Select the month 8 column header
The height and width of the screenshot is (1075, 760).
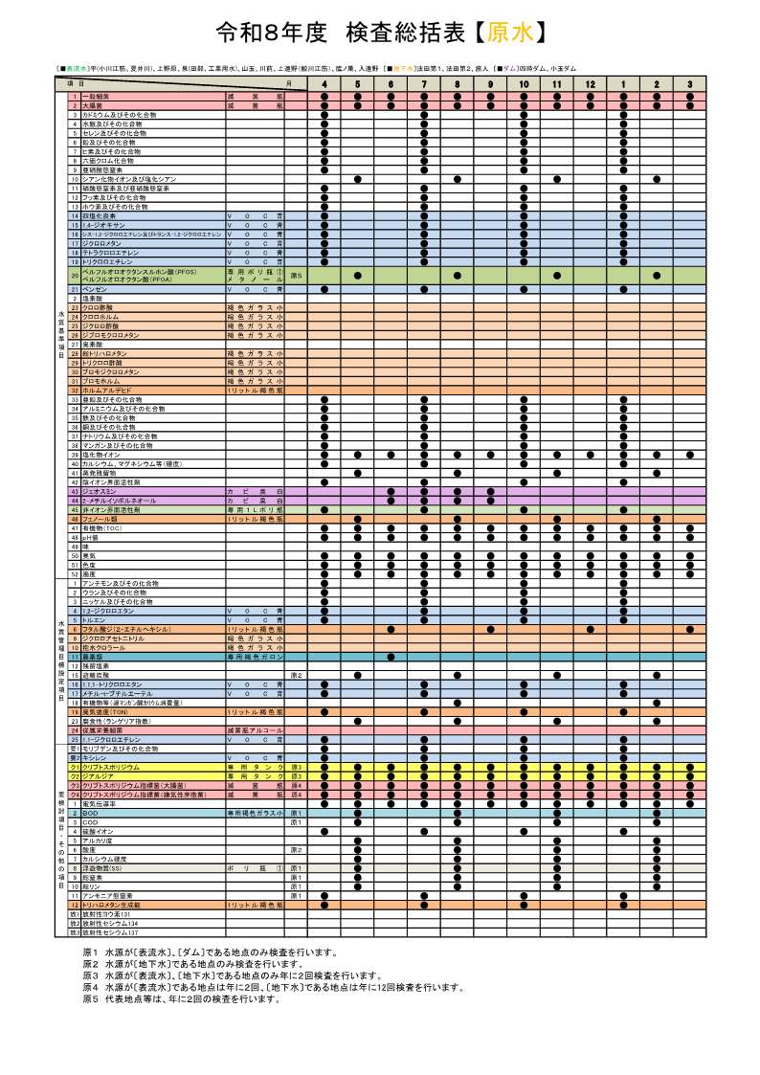point(457,85)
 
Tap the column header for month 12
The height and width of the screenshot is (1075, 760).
point(590,85)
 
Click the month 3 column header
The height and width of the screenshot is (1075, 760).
point(689,85)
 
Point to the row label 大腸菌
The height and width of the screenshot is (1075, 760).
point(95,105)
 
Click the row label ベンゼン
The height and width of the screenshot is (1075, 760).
point(95,288)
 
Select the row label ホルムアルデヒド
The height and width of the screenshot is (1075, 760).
point(105,391)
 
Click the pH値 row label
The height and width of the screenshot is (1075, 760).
point(92,537)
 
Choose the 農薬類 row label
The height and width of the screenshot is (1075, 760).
point(94,657)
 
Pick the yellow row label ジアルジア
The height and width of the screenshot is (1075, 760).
point(100,775)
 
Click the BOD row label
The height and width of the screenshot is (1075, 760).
point(90,813)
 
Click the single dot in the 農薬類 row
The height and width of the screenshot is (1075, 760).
point(391,657)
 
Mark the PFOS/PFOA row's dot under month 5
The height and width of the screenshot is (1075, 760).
point(357,275)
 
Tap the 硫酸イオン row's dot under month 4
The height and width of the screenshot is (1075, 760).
point(324,831)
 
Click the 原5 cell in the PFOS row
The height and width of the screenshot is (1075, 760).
point(297,275)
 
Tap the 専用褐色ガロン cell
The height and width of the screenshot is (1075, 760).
point(255,657)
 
